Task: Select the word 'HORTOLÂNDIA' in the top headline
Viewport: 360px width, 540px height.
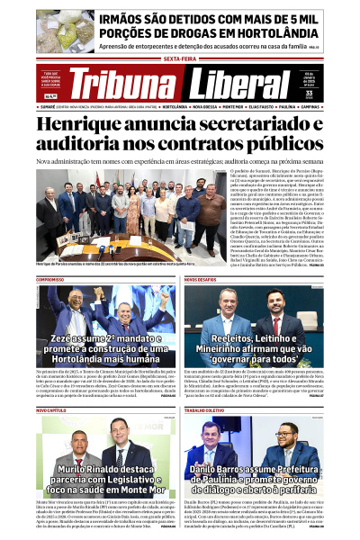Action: pyautogui.click(x=270, y=31)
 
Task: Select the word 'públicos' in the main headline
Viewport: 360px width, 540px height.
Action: pyautogui.click(x=274, y=144)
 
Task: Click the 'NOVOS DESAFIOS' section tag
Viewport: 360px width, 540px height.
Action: pyautogui.click(x=200, y=279)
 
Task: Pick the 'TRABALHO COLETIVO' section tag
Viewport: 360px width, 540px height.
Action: pyautogui.click(x=205, y=409)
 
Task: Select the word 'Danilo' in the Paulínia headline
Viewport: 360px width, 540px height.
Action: pyautogui.click(x=210, y=469)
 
